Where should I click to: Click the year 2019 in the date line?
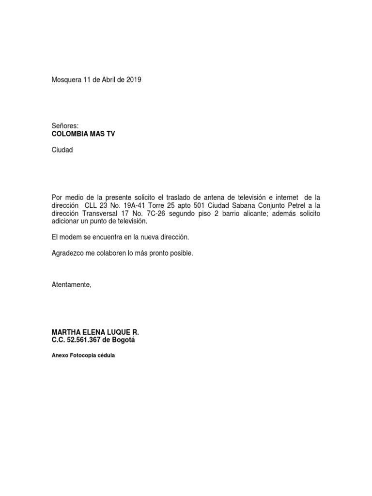coord(133,80)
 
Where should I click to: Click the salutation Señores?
coord(65,125)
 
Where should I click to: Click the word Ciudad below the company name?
coord(62,150)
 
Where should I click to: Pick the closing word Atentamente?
coord(71,285)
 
